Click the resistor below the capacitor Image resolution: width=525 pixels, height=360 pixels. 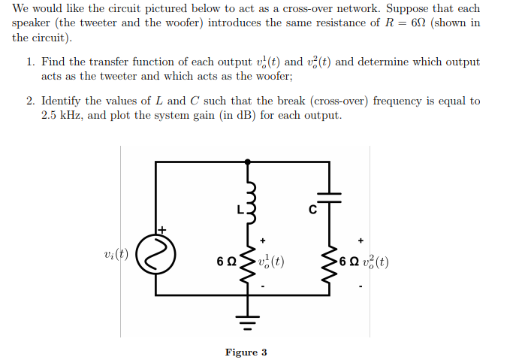329,262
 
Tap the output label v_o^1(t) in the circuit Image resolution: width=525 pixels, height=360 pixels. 270,262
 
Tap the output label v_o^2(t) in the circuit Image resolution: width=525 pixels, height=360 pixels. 374,262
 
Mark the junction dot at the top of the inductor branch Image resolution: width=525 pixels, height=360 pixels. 249,161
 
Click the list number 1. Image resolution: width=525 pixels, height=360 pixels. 31,62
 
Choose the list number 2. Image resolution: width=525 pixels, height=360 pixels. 31,101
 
